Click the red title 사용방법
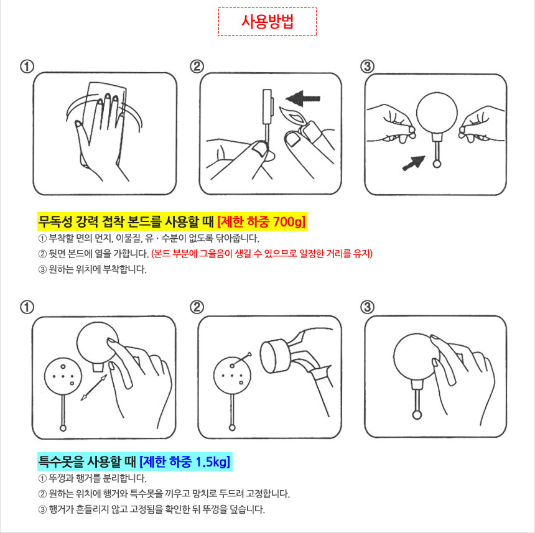[267, 22]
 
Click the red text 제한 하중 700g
[261, 221]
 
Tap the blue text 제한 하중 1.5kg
[185, 461]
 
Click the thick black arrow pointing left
[303, 98]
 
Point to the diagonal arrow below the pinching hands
[414, 163]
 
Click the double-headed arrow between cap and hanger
[94, 387]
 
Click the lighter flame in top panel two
[292, 115]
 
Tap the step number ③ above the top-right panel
[367, 66]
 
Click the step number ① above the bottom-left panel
[27, 307]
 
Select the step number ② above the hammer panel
[197, 307]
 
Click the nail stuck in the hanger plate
[241, 359]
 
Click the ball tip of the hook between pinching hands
[436, 164]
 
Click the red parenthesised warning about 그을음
[262, 254]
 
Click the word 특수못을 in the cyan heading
[62, 461]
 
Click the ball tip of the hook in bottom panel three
[417, 415]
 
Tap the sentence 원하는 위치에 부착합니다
[98, 269]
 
